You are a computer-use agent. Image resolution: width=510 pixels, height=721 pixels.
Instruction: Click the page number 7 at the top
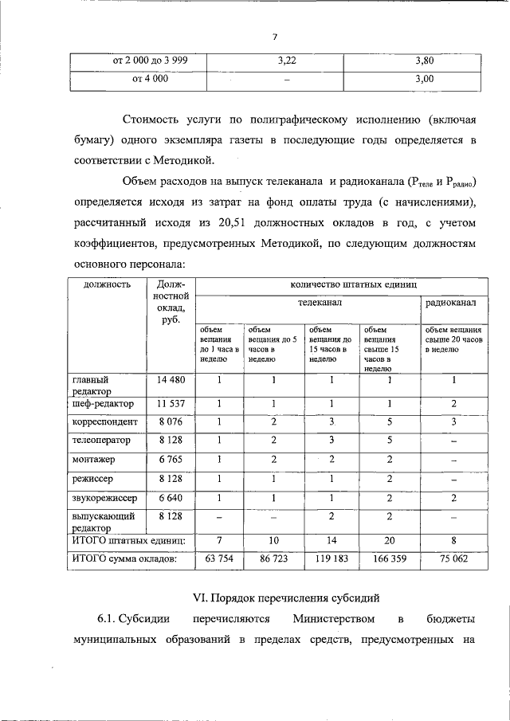tap(274, 37)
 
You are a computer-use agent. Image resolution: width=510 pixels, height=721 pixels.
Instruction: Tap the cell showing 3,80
tap(424, 60)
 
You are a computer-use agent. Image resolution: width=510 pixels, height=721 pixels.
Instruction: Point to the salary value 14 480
tap(171, 380)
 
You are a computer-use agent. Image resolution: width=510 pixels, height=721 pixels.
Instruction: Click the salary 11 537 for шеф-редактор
tap(171, 403)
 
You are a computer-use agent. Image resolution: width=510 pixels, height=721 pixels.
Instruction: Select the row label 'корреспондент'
tap(105, 421)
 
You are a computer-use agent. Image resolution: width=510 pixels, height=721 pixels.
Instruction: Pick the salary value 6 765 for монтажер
tap(171, 460)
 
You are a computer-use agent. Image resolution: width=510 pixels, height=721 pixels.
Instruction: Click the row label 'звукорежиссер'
tap(105, 498)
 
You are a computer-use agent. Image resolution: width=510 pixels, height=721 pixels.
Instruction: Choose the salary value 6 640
tap(171, 498)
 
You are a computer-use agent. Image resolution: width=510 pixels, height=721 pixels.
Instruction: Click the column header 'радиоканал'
tap(451, 304)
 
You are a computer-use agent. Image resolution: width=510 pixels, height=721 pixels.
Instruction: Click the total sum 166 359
tap(390, 559)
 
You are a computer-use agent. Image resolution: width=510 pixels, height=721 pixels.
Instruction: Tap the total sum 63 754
tap(219, 559)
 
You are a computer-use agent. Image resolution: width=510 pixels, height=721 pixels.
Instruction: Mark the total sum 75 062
tap(453, 559)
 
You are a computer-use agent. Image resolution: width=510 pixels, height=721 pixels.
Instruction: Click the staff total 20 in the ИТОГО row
tap(390, 541)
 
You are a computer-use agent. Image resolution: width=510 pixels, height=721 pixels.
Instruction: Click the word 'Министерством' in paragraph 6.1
tap(328, 618)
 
